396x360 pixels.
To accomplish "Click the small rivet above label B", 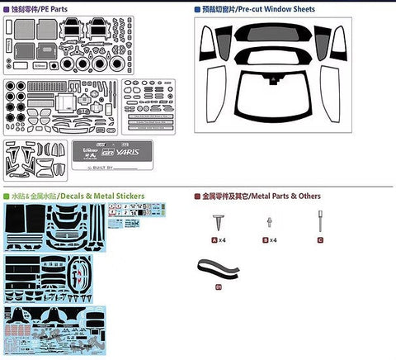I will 268,221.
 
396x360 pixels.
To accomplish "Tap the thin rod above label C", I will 318,219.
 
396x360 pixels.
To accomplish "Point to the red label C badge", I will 318,239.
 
